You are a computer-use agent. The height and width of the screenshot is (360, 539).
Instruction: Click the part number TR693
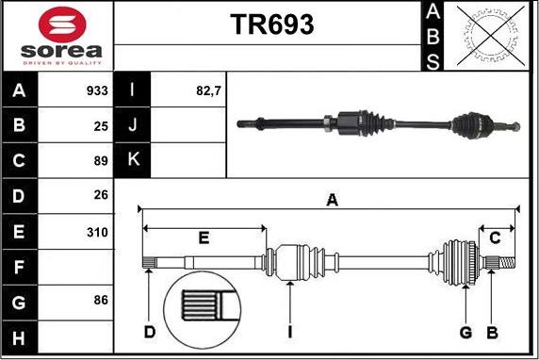pyautogui.click(x=271, y=25)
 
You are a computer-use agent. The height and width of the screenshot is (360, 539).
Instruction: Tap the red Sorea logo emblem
pyautogui.click(x=62, y=25)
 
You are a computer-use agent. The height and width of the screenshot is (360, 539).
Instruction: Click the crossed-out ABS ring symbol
pyautogui.click(x=491, y=36)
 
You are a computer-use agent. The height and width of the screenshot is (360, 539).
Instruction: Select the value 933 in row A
pyautogui.click(x=97, y=90)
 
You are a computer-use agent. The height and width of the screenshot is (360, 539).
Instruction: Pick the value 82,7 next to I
pyautogui.click(x=208, y=90)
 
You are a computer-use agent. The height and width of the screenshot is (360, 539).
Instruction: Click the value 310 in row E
pyautogui.click(x=97, y=233)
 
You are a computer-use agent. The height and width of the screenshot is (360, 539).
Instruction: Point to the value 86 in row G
pyautogui.click(x=101, y=300)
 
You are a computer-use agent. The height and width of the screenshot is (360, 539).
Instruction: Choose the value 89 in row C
pyautogui.click(x=101, y=161)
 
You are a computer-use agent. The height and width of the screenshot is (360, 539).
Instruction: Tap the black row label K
pyautogui.click(x=133, y=159)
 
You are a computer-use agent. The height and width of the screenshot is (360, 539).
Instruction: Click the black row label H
pyautogui.click(x=19, y=337)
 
